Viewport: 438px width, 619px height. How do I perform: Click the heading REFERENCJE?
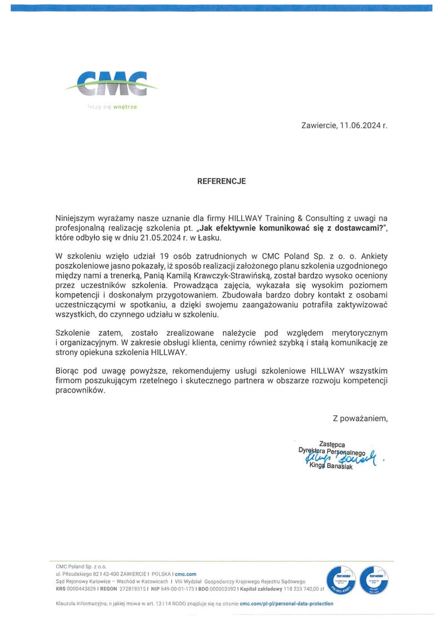pos(221,182)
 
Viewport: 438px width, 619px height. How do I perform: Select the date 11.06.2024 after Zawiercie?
pos(364,126)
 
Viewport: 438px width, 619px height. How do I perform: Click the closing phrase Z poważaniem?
pos(360,418)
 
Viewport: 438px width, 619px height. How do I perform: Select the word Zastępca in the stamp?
pos(332,444)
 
